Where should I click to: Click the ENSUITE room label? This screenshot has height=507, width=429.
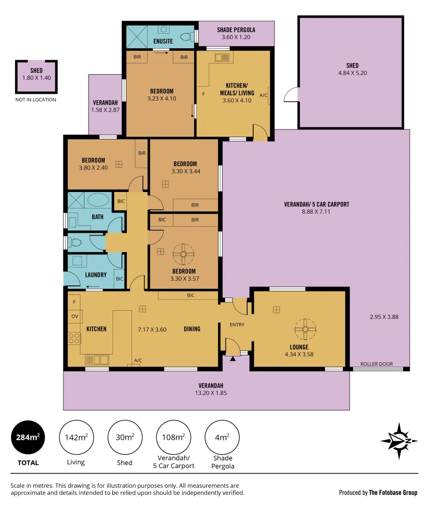pos(163,41)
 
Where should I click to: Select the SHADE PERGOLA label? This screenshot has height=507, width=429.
pos(236,30)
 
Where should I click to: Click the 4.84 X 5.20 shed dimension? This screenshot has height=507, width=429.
pos(353,73)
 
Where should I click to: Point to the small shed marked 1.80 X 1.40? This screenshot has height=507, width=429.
pos(37,77)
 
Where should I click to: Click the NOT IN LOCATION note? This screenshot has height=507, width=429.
pos(36,100)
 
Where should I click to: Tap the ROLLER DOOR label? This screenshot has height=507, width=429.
pos(376,364)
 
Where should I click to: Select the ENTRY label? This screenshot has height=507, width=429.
pos(237,325)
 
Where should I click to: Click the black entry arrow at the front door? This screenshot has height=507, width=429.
pos(233,358)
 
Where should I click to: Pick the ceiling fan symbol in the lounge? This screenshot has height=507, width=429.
pos(305,330)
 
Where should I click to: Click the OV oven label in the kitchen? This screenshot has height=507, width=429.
pos(75,316)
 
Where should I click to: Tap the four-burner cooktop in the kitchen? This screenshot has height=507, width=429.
pos(74,338)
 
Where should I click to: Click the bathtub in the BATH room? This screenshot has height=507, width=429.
pos(98,200)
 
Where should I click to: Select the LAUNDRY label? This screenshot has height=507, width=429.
pos(96,275)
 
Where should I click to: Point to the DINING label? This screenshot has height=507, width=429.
pos(192,329)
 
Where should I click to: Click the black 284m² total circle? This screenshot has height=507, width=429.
pos(28,437)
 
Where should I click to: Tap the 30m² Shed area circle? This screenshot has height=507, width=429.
pos(125,437)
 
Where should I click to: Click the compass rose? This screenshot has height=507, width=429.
pos(399,441)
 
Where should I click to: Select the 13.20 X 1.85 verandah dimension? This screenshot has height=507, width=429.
pos(211,393)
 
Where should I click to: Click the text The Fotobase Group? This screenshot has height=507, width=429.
pos(393,492)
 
